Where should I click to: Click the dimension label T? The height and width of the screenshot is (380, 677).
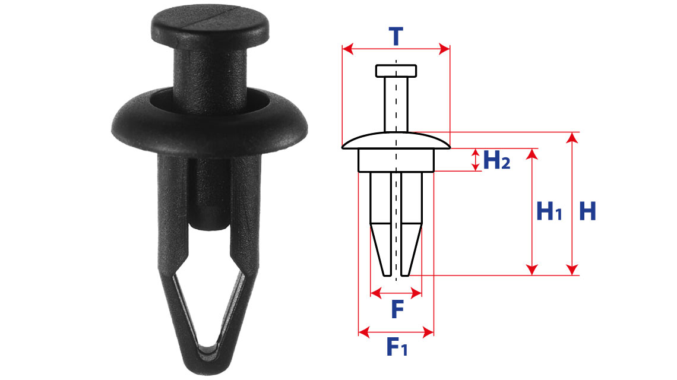[396, 36]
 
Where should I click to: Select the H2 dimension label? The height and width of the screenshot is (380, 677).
[496, 160]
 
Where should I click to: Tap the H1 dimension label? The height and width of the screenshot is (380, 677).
[549, 211]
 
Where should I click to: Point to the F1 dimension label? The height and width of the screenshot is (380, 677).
[397, 346]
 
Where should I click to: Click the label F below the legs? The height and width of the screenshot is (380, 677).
[397, 309]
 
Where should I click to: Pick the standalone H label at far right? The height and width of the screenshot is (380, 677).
[588, 211]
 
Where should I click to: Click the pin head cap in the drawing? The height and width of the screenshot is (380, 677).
[396, 71]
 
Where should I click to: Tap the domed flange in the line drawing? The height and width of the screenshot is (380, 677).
[396, 140]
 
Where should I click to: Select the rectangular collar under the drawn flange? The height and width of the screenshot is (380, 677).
[396, 160]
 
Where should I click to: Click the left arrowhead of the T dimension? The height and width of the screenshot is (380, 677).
[347, 49]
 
